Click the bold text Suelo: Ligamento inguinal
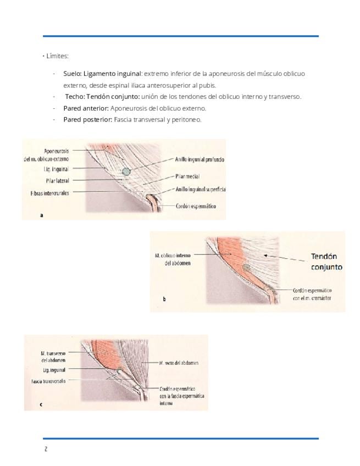pos(103,73)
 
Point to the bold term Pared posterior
pos(87,119)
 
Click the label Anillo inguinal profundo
pos(200,159)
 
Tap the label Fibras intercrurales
pos(50,193)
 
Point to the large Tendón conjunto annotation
pos(326,262)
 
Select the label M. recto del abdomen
pos(178,363)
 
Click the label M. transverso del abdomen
pos(53,357)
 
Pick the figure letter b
pos(164,299)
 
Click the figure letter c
pos(41,404)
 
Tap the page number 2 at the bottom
pos(46,449)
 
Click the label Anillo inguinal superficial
pos(201,189)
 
